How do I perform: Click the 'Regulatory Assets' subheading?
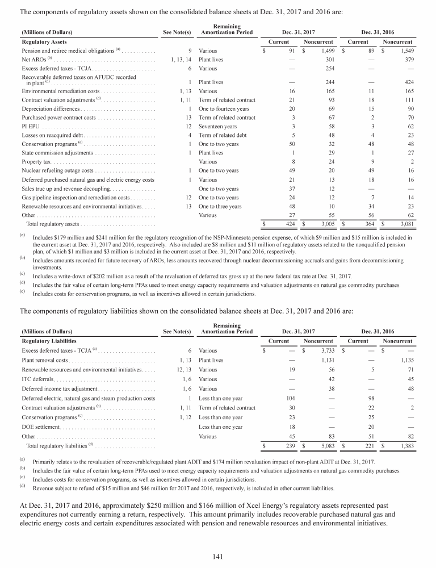click(x=44, y=41)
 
